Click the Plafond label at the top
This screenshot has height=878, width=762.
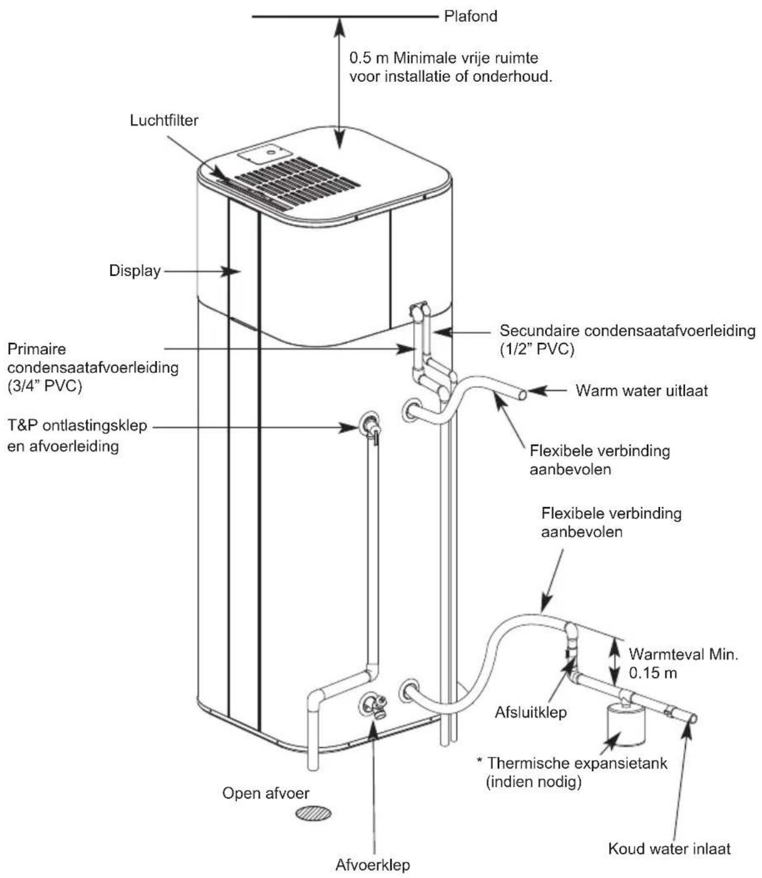[471, 16]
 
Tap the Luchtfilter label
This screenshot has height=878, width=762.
[164, 120]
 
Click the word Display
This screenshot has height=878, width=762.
[135, 271]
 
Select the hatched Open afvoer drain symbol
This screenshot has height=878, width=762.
[314, 813]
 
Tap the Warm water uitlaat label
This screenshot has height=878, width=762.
[641, 390]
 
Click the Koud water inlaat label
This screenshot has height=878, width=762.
[670, 849]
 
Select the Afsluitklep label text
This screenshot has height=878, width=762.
[531, 713]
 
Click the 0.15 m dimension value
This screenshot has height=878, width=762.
[653, 673]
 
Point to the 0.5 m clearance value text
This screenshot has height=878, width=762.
[369, 57]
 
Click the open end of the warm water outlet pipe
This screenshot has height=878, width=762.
[523, 394]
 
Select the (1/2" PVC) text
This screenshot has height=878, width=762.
[537, 349]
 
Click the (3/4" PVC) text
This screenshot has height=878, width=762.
[44, 386]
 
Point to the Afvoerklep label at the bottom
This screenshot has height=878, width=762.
[372, 865]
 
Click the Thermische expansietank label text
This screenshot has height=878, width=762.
[577, 763]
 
